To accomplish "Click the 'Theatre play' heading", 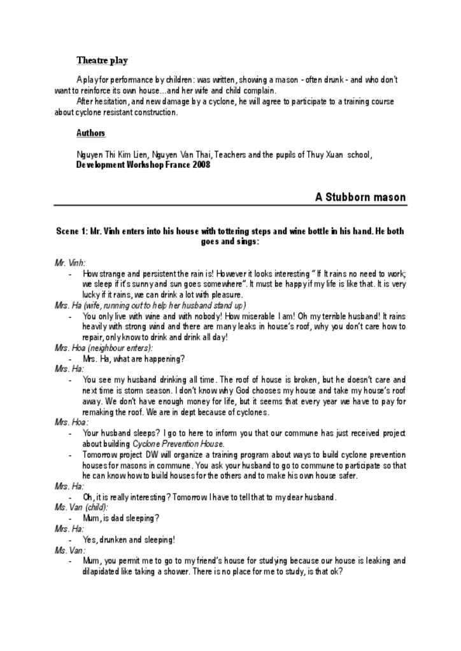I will point(102,60).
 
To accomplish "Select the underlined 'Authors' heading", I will point(90,134).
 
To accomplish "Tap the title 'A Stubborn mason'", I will point(360,197).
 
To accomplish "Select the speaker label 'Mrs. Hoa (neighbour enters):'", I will point(104,348).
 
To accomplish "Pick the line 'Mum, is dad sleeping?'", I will point(121,518).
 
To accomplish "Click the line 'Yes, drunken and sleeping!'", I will point(129,540).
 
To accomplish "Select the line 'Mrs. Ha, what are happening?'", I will point(134,359).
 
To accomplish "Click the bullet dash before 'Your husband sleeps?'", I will point(70,434).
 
